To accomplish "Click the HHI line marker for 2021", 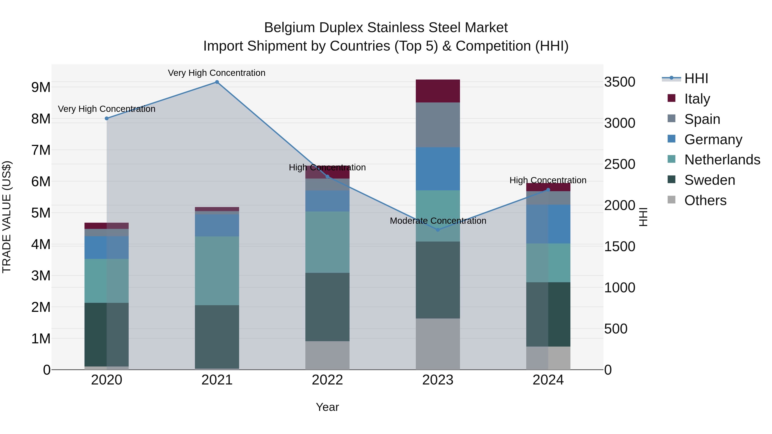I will (x=217, y=82).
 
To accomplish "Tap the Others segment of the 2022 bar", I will (x=327, y=356).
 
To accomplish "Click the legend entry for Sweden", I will (x=709, y=180).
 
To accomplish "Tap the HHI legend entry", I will (x=696, y=78).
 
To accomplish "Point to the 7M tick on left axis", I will (x=41, y=150).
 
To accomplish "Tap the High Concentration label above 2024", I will (x=548, y=180).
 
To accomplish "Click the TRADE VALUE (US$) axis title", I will (x=7, y=217).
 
